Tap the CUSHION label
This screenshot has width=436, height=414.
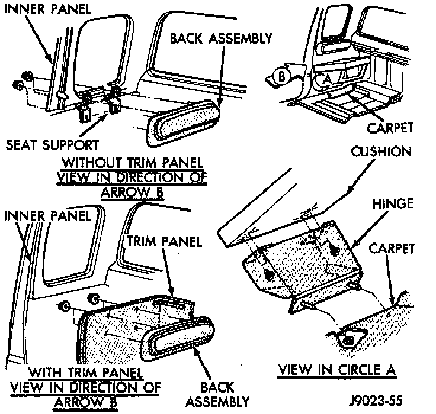[381, 152]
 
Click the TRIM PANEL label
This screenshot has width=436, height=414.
[165, 241]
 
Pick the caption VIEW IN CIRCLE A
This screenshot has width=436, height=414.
[337, 371]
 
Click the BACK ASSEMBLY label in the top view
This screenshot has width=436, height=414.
[221, 38]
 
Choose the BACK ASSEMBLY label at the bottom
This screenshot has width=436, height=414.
[217, 394]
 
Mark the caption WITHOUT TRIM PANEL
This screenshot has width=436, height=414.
[133, 162]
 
